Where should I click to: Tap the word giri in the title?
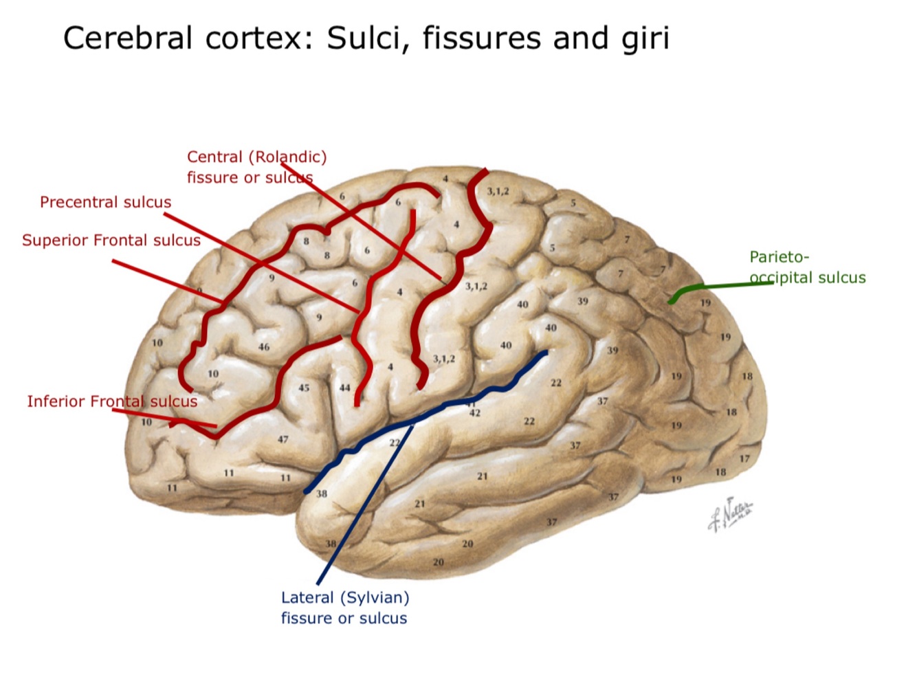645,39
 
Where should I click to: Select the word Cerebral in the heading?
127,38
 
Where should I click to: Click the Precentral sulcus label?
105,202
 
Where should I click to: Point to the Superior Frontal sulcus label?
111,241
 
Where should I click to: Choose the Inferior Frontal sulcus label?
112,401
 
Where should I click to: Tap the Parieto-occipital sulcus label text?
807,267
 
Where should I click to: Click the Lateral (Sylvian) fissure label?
344,608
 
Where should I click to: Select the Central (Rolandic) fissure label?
256,167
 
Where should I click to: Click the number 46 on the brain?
264,347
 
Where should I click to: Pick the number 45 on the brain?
304,388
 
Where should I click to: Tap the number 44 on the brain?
345,388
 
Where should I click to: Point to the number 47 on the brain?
283,439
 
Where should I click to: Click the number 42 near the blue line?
474,413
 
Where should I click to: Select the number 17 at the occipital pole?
744,458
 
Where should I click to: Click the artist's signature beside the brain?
731,513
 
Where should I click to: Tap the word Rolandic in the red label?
289,157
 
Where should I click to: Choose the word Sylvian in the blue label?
376,598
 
